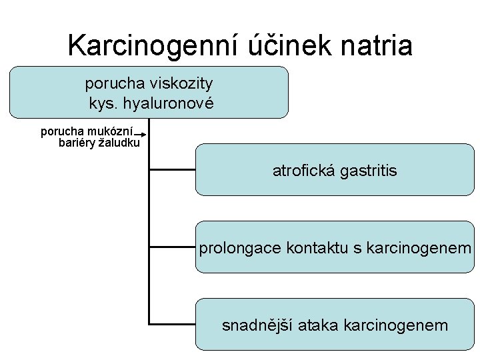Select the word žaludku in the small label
coord(119,142)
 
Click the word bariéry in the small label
coord(77,142)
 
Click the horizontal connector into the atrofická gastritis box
coord(172,170)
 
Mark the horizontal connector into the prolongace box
coord(172,247)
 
